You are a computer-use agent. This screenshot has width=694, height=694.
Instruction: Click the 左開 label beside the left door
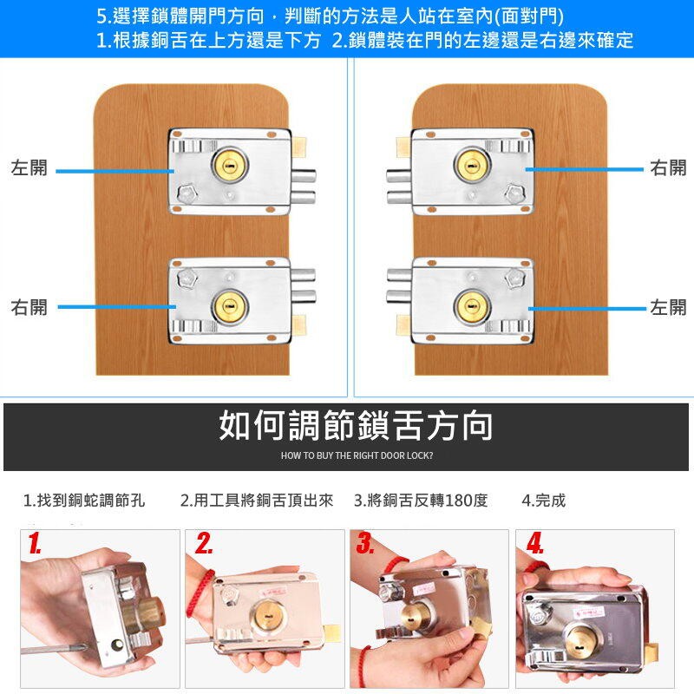(x=29, y=167)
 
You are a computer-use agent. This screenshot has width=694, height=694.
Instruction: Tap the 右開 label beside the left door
(x=29, y=307)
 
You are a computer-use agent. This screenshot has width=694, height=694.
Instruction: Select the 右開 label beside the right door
(x=668, y=167)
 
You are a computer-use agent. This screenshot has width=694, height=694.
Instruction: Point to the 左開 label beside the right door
(x=668, y=307)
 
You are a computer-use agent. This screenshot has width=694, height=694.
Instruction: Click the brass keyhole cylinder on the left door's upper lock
(x=230, y=166)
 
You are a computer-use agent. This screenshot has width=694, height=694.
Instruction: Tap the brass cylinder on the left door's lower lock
(x=230, y=306)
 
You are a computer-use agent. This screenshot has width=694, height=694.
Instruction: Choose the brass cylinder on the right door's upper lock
(x=472, y=166)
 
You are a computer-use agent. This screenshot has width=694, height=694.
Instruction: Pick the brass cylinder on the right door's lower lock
(x=472, y=306)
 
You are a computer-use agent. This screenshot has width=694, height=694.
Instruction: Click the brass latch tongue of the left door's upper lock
(x=298, y=147)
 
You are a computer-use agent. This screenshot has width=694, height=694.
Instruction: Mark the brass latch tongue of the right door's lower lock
(x=403, y=324)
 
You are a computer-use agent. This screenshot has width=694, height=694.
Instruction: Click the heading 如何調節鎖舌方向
(x=356, y=426)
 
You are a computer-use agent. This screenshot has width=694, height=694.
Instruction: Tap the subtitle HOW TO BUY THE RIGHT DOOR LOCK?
(x=357, y=455)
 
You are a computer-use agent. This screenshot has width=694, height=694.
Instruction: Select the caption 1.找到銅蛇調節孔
(x=84, y=501)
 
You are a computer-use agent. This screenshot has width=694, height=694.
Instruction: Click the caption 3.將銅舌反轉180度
(x=421, y=501)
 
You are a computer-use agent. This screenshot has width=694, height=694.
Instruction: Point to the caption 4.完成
(x=544, y=501)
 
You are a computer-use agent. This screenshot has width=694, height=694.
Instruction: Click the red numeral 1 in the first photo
(x=35, y=543)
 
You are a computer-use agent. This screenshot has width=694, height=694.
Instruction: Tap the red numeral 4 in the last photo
(x=534, y=543)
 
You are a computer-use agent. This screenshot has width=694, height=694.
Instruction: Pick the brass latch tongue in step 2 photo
(x=333, y=635)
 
